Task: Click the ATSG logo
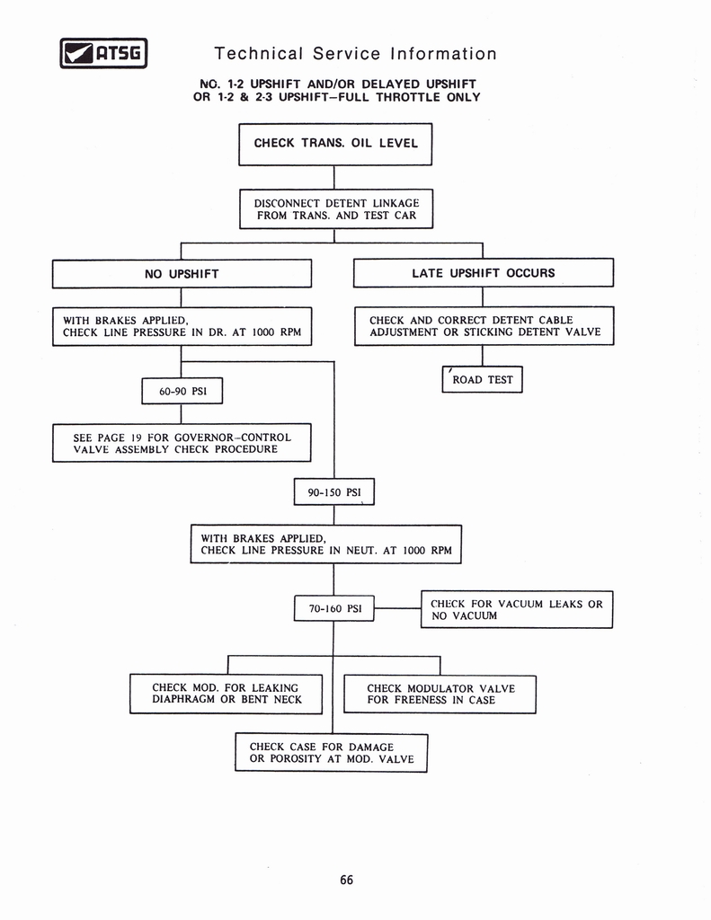102,54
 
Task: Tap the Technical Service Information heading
355,54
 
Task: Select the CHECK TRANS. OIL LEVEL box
335,144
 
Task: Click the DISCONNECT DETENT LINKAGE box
336,209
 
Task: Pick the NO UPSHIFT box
182,273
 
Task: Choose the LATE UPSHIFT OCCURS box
483,273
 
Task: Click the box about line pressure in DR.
182,326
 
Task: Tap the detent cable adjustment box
484,326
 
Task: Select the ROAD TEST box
483,379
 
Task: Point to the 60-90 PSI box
182,392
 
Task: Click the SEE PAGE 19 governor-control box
182,443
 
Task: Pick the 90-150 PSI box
333,492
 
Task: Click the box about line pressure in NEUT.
325,544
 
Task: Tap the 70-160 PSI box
333,608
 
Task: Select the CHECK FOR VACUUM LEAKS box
516,609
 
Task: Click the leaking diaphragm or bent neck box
226,694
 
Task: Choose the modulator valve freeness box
440,694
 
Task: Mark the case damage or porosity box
331,753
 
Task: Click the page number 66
347,880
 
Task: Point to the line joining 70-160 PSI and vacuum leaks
397,608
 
